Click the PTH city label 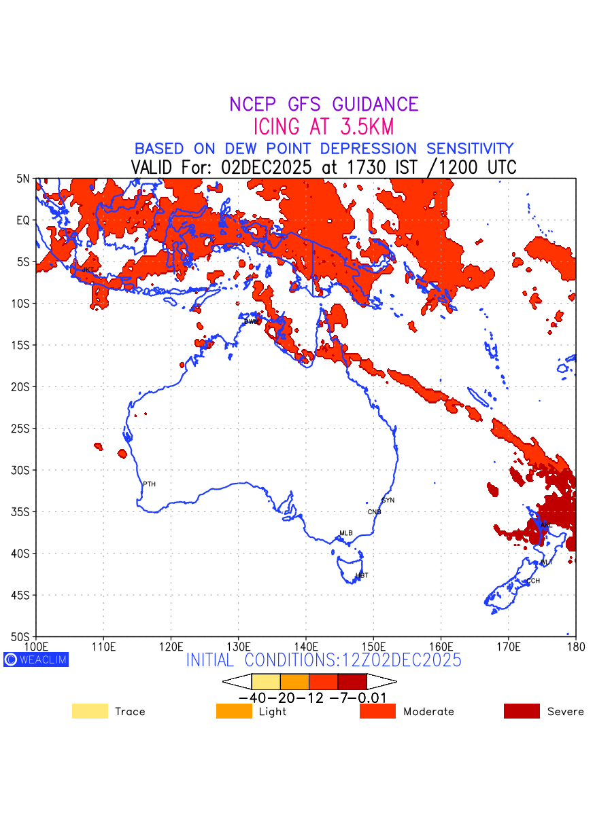149,484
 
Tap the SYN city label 388,501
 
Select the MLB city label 346,533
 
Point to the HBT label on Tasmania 362,575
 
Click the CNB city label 374,512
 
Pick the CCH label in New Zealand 532,581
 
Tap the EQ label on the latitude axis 23,220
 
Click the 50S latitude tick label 20,637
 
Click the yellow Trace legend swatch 90,711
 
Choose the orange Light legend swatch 234,711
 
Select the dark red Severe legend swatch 522,711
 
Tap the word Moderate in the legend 428,712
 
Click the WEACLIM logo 36,659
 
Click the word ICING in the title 279,127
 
